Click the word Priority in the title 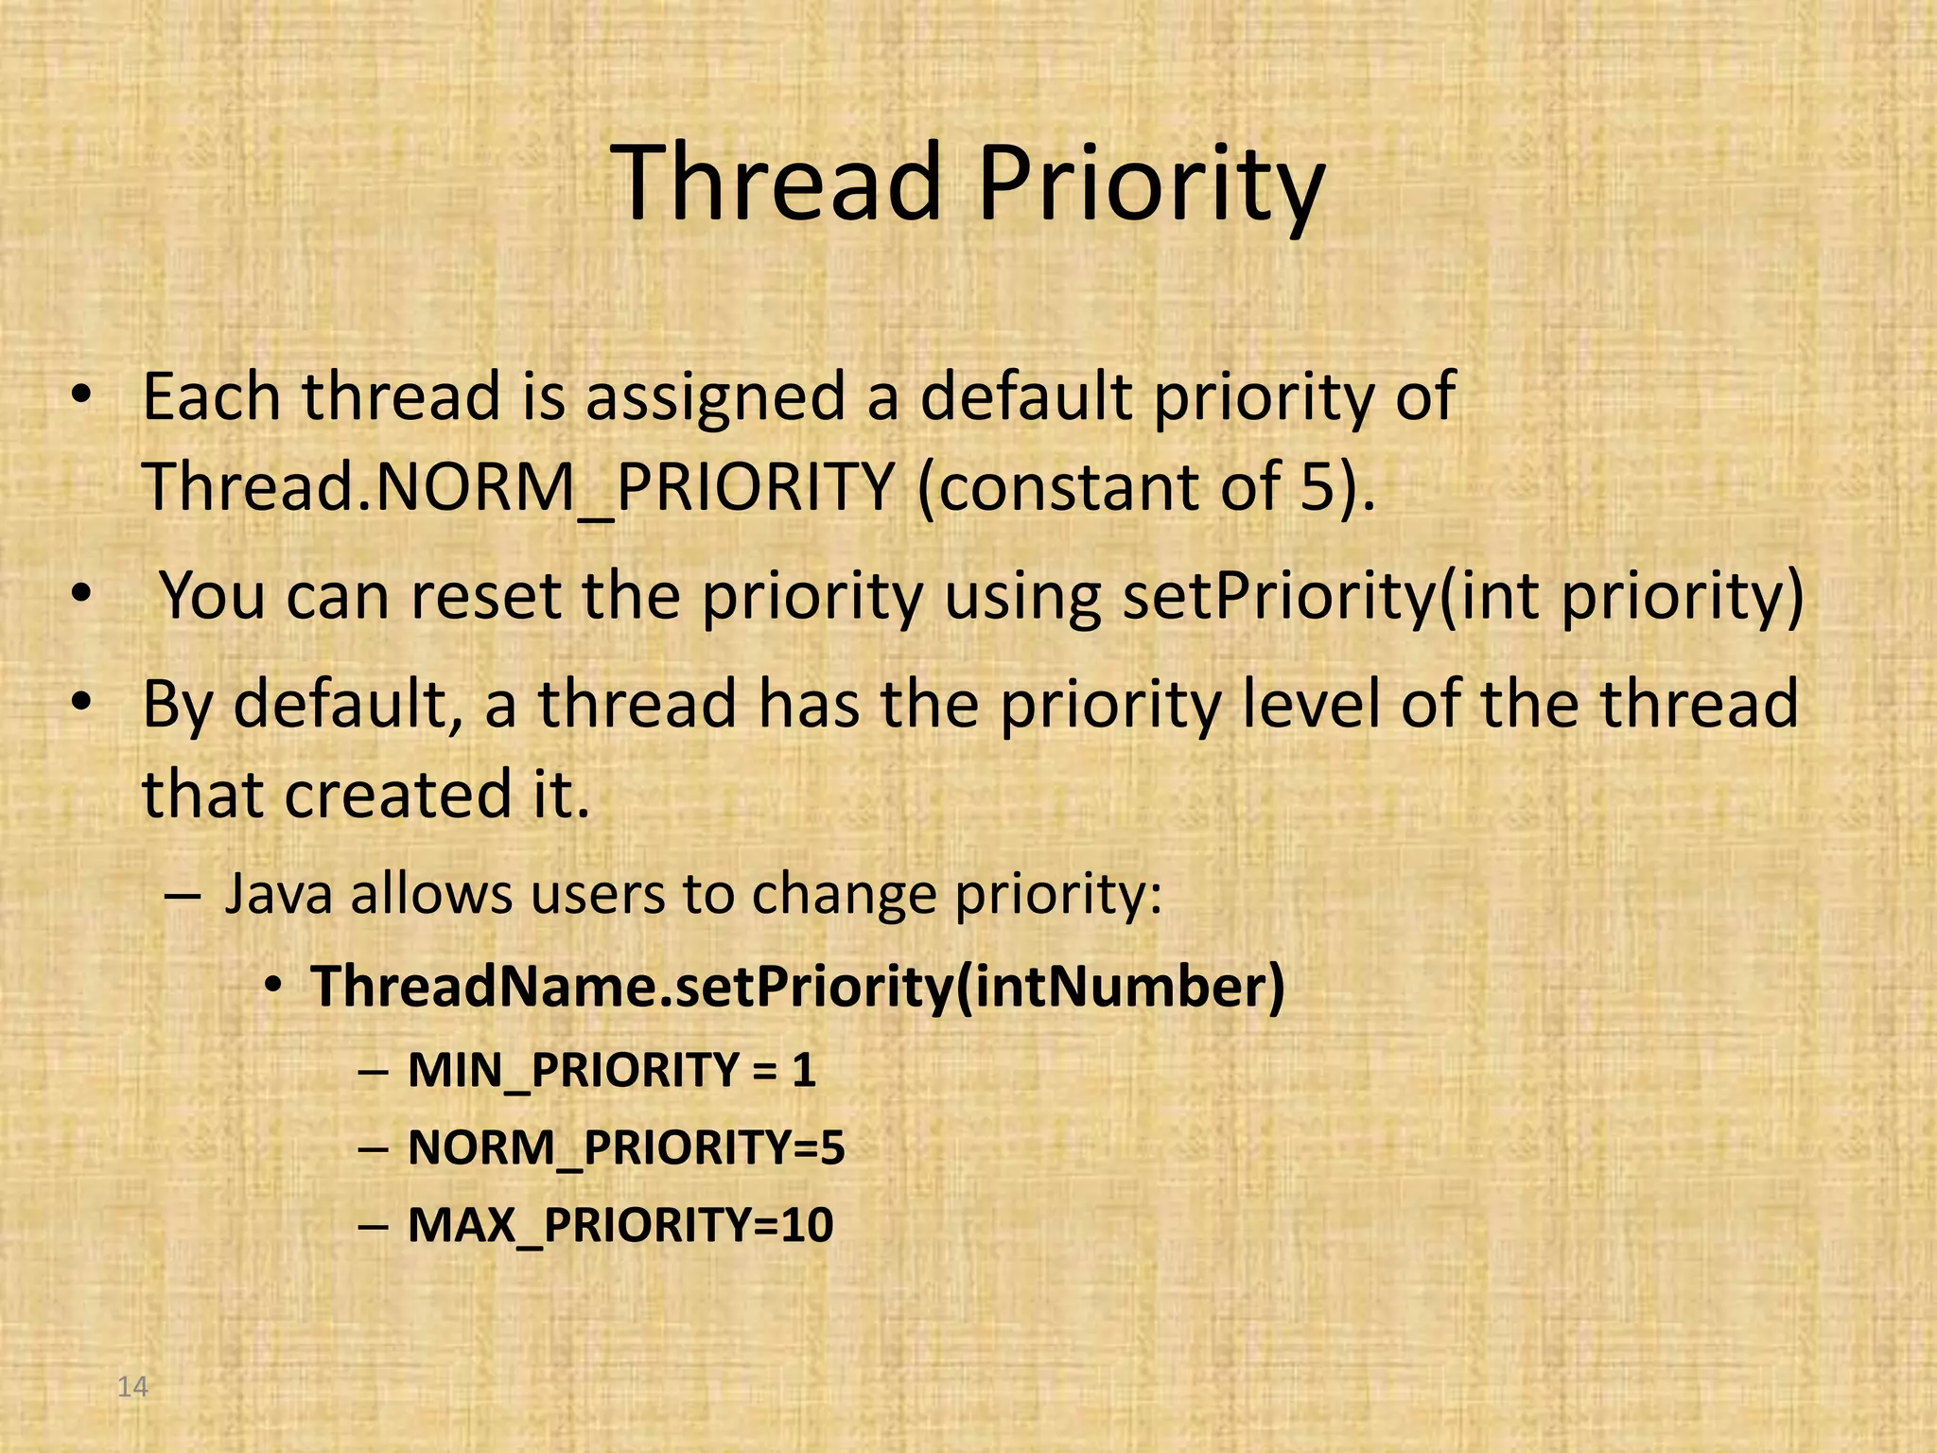tap(1150, 184)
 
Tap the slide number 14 tap(132, 1387)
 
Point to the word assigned tap(714, 397)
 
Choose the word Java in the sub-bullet tap(278, 894)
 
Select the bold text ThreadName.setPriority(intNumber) tap(797, 987)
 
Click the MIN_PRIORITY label tap(573, 1071)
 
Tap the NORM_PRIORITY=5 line tap(625, 1148)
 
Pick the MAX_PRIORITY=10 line tap(619, 1226)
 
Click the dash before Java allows tap(182, 895)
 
